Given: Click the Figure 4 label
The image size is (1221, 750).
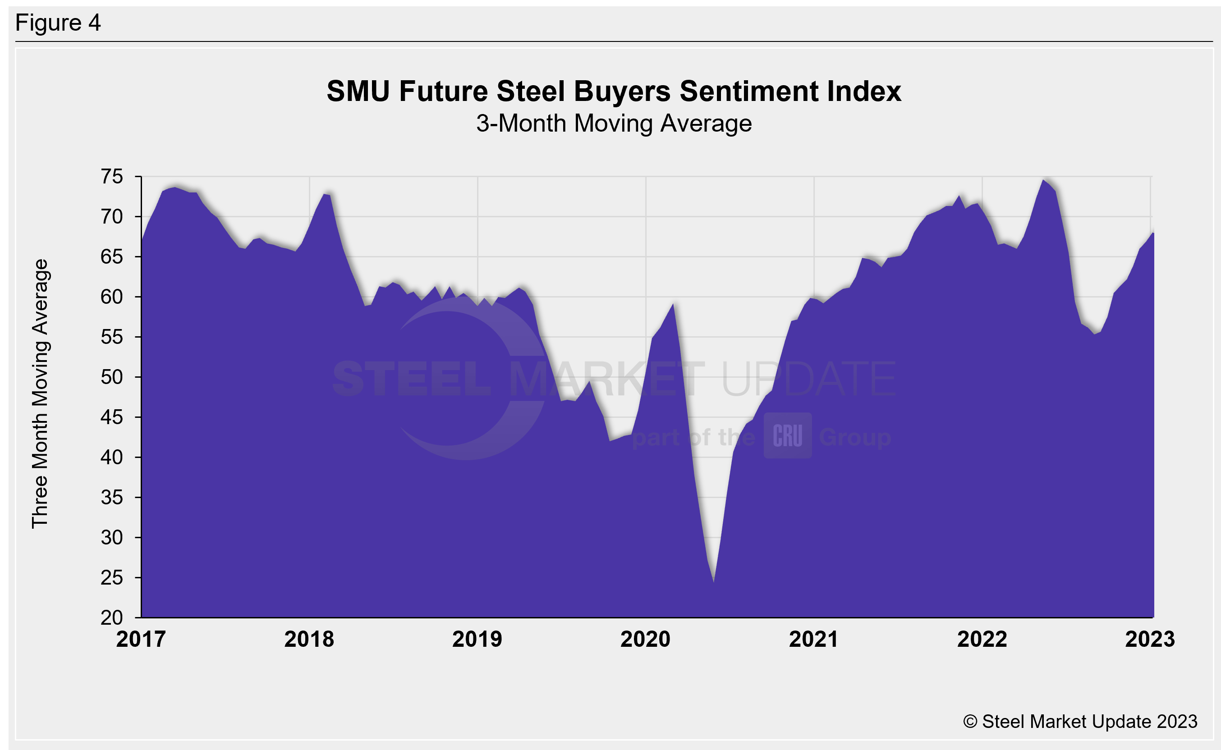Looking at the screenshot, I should point(58,23).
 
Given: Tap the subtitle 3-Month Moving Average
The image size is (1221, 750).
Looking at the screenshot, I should point(614,123).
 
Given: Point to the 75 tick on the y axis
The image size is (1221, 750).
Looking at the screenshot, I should point(112,177).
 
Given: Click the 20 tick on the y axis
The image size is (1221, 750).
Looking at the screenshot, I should point(112,617).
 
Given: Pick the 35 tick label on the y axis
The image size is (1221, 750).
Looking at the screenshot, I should point(112,498).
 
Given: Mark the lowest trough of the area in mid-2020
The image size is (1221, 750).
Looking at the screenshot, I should point(713,581).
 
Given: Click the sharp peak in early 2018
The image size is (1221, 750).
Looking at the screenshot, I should point(325,194).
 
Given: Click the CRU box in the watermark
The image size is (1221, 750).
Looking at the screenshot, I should point(787,435).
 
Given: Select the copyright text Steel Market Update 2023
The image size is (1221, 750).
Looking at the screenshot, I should point(1080,721).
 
